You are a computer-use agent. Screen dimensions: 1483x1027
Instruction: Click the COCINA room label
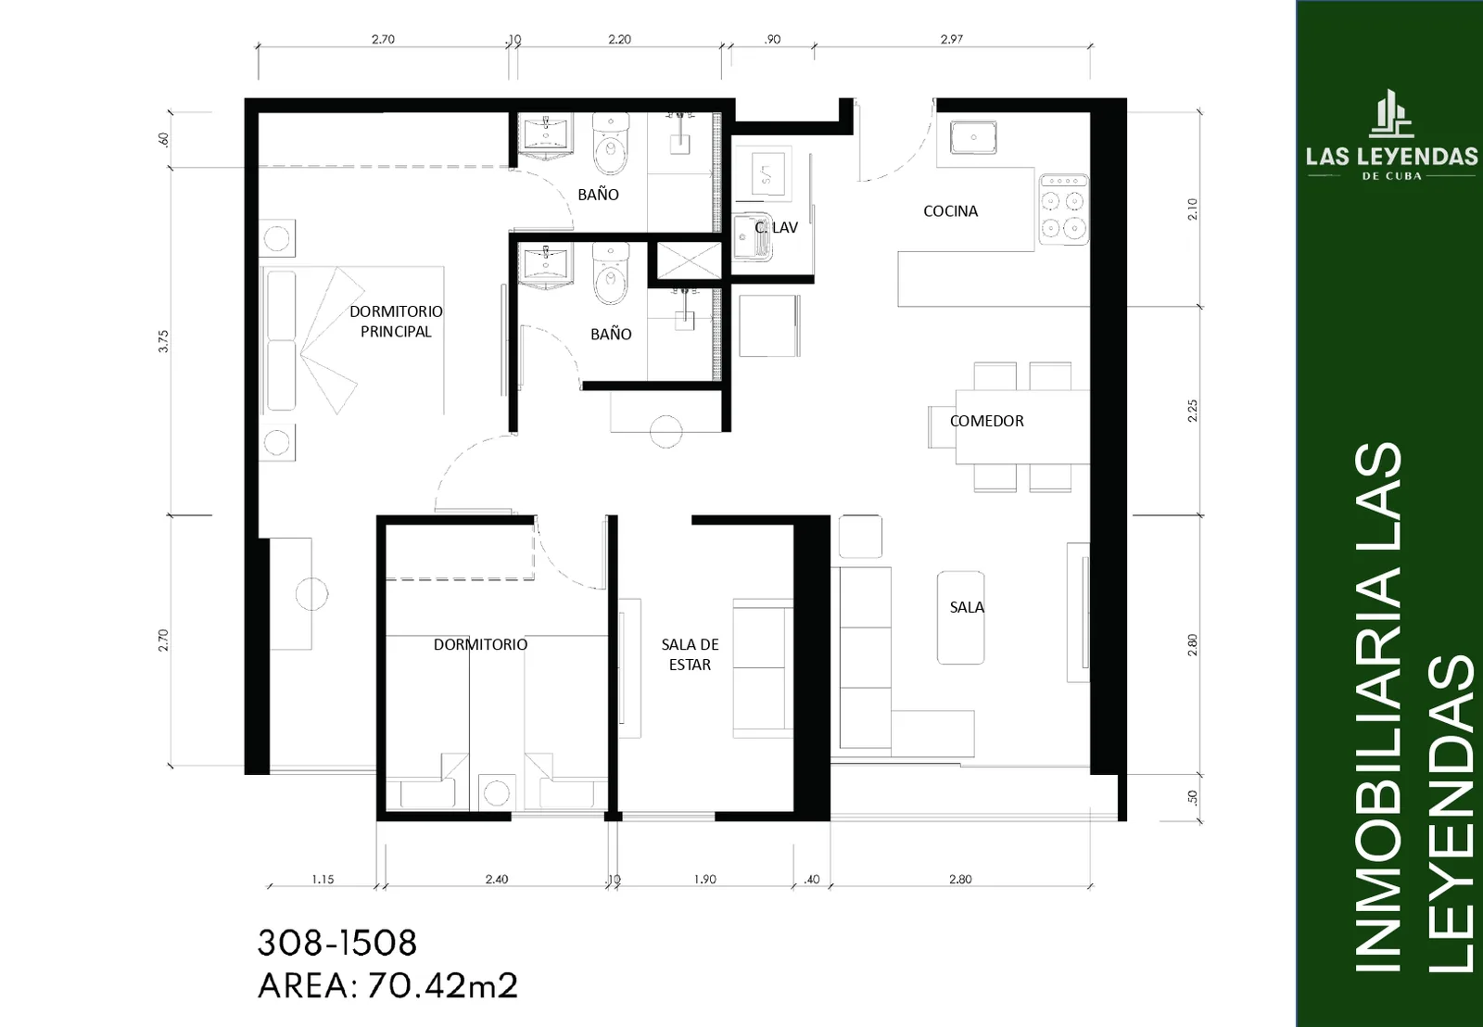pyautogui.click(x=950, y=211)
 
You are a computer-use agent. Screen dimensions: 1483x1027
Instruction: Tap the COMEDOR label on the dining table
pyautogui.click(x=986, y=421)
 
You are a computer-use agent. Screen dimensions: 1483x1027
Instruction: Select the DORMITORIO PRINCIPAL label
pyautogui.click(x=396, y=321)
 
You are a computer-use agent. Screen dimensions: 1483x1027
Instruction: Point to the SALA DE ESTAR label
pyautogui.click(x=690, y=654)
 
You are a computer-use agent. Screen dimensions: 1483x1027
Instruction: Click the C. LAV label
pyautogui.click(x=776, y=227)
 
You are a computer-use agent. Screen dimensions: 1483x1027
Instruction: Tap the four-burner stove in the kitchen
pyautogui.click(x=1063, y=209)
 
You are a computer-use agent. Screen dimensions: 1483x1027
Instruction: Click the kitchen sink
pyautogui.click(x=973, y=138)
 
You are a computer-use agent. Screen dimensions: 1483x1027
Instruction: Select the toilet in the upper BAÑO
pyautogui.click(x=611, y=144)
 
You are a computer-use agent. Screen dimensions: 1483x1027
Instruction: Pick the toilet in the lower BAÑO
pyautogui.click(x=611, y=273)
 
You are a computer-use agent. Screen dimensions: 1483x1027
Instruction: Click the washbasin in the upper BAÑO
pyautogui.click(x=546, y=136)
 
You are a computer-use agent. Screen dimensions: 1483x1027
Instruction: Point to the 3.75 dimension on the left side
pyautogui.click(x=163, y=341)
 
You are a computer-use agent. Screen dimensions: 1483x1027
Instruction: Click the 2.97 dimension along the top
pyautogui.click(x=951, y=39)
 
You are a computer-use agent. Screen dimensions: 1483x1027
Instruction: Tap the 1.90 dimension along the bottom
pyautogui.click(x=705, y=880)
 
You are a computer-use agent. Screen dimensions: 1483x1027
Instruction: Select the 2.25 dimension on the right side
pyautogui.click(x=1192, y=411)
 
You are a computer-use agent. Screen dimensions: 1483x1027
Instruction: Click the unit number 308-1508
pyautogui.click(x=337, y=943)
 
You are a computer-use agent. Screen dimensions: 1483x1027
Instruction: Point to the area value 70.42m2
pyautogui.click(x=442, y=986)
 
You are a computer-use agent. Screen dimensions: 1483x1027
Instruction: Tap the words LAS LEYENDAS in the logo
pyautogui.click(x=1391, y=157)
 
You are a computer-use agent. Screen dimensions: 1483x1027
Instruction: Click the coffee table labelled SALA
pyautogui.click(x=960, y=618)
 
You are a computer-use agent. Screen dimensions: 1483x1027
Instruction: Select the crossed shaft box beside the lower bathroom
pyautogui.click(x=689, y=260)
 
